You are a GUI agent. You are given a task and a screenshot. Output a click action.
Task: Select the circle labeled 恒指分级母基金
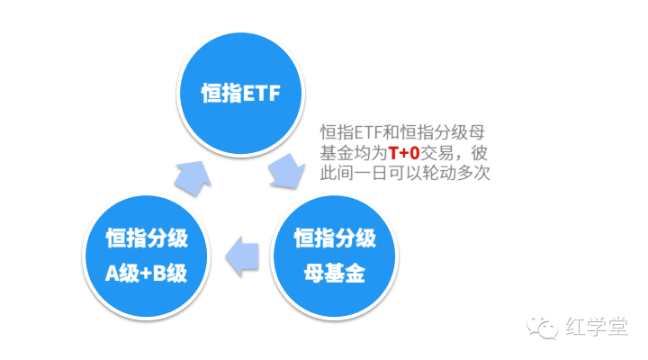[335, 253]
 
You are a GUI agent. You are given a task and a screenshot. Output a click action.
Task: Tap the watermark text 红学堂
[598, 325]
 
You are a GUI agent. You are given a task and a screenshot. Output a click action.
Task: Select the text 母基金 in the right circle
[335, 273]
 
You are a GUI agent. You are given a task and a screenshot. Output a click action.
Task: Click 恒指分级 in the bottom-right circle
[335, 238]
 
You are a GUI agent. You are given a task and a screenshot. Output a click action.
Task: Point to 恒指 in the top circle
[219, 93]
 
